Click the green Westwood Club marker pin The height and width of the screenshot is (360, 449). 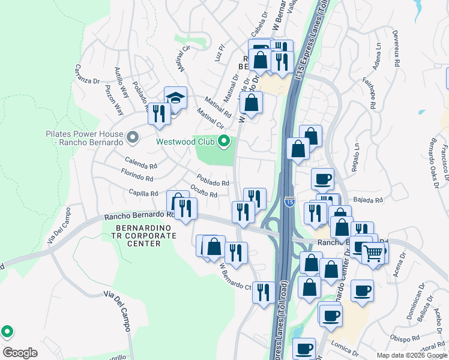tap(224, 142)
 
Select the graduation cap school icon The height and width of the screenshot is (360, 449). tap(175, 98)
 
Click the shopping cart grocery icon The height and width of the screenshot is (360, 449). tap(373, 254)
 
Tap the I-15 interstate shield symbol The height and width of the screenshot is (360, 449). tap(290, 203)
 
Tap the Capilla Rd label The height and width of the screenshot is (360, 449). tap(143, 193)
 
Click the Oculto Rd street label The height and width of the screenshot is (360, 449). tap(203, 191)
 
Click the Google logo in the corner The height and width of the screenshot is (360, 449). tap(20, 352)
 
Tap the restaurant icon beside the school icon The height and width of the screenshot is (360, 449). tap(159, 113)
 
